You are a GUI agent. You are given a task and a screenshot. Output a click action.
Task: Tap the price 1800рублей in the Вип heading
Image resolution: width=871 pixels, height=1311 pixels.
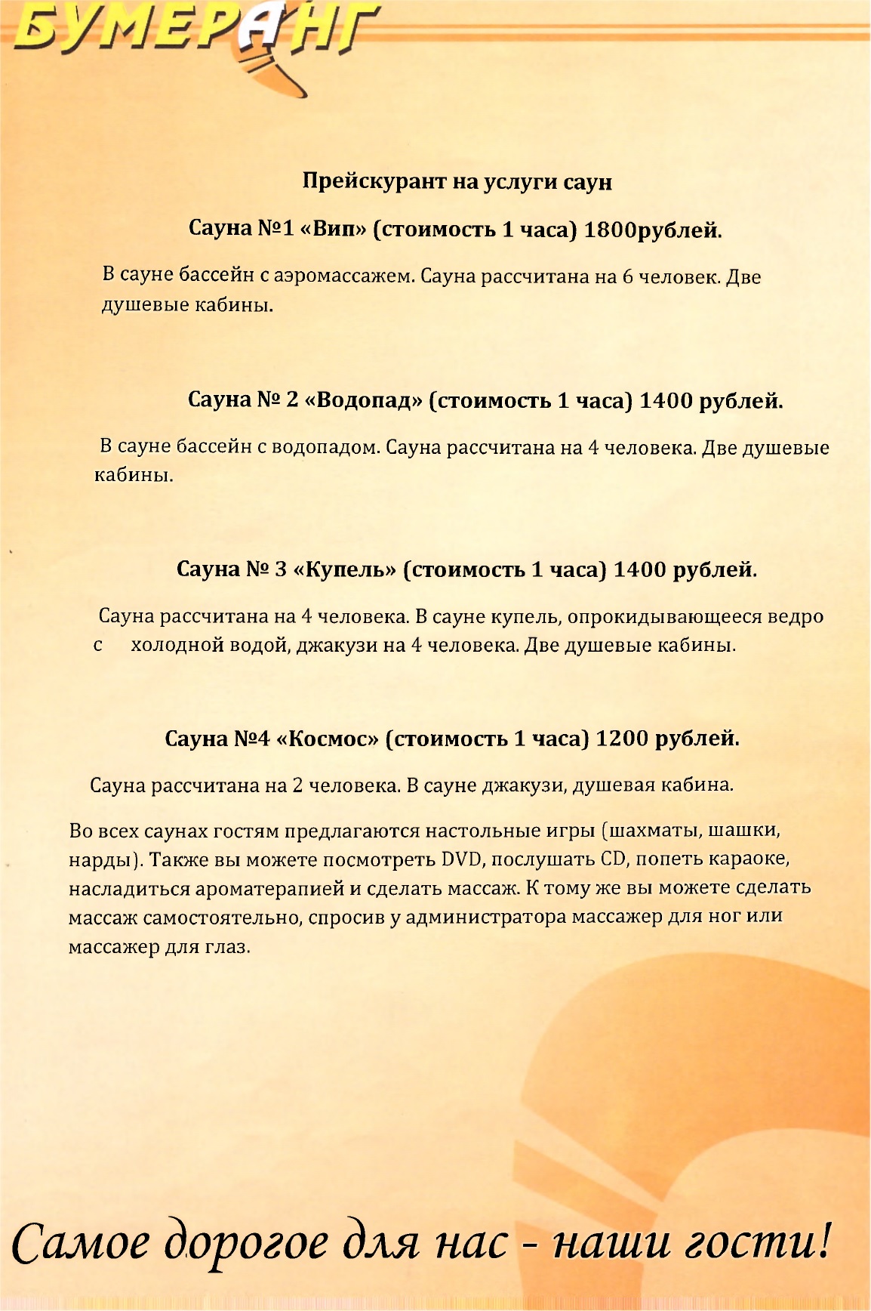point(653,230)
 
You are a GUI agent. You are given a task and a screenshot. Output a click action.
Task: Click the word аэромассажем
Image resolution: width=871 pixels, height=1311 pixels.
point(345,276)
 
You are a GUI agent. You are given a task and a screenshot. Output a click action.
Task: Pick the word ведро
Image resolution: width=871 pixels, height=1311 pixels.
point(796,617)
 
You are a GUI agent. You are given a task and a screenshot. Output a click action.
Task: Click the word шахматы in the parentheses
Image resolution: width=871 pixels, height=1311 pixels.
point(655,831)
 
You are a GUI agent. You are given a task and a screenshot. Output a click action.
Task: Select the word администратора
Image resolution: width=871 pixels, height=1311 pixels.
point(485,918)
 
